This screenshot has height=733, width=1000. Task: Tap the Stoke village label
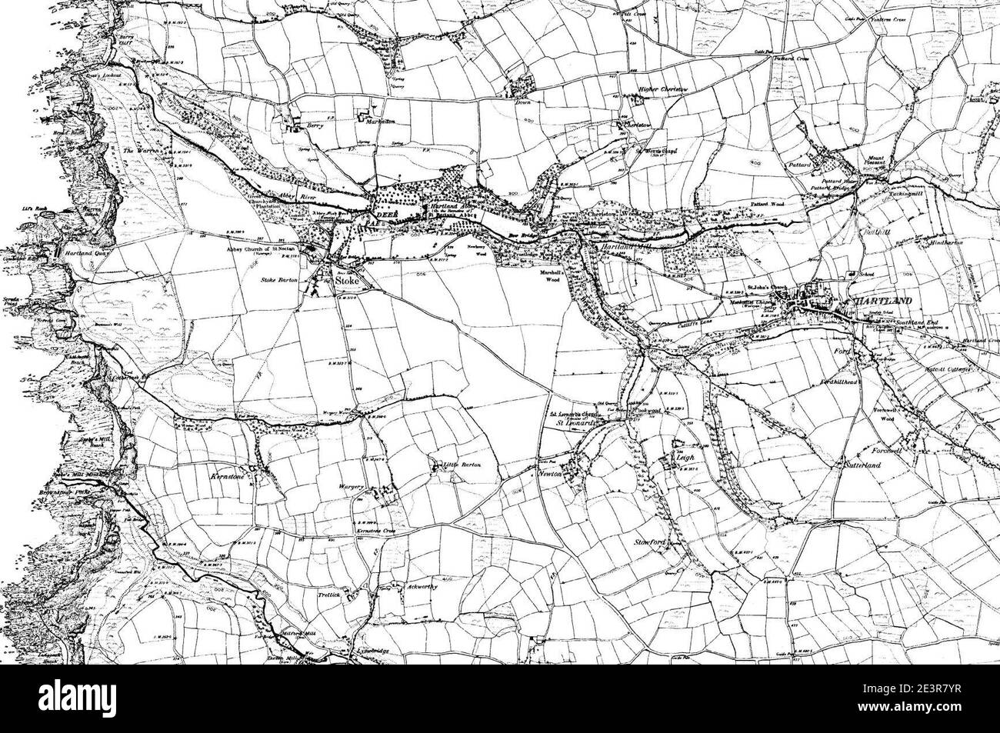pos(348,282)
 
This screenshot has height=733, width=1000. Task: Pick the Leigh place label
pos(685,457)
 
